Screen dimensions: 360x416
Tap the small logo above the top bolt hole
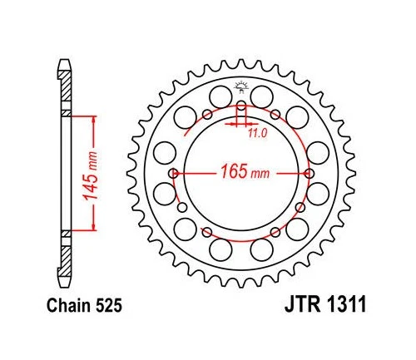[x=242, y=85]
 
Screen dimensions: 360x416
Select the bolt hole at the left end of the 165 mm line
[x=173, y=173]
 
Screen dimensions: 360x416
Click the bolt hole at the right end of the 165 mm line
[x=311, y=173]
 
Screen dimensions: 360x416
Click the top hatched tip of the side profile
[x=64, y=65]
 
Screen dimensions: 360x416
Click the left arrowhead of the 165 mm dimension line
[x=181, y=173]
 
